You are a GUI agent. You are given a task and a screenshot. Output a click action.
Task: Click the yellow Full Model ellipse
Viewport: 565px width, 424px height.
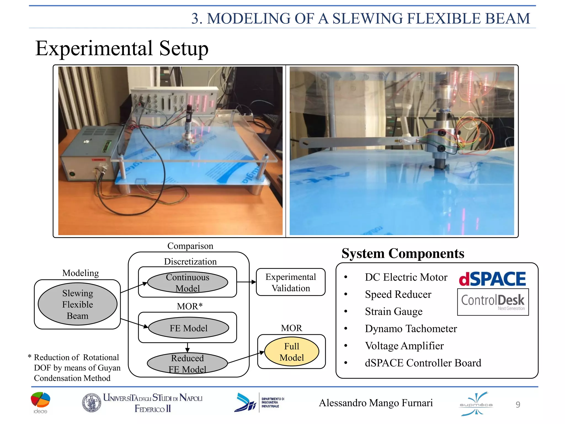pos(292,352)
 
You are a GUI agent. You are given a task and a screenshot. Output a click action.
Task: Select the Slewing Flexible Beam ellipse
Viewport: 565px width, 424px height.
pos(78,304)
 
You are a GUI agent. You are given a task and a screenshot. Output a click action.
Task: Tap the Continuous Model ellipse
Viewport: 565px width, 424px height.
pos(188,282)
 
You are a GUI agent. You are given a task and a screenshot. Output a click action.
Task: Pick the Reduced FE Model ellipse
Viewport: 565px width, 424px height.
pos(187,364)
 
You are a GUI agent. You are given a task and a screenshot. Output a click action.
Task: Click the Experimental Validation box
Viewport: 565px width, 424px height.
pos(291,282)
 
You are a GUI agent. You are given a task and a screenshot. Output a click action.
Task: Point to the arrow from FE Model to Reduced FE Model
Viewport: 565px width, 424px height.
pos(187,348)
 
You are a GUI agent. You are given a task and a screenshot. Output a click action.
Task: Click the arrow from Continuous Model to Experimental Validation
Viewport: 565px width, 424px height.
pos(246,282)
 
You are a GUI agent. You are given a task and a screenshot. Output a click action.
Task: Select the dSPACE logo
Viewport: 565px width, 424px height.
pos(492,279)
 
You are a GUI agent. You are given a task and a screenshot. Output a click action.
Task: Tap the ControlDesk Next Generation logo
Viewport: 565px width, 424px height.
pos(493,302)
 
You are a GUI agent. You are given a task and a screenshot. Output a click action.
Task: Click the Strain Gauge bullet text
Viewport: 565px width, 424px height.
pos(394,311)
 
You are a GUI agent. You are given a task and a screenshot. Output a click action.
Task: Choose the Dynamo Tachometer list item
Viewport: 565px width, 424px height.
pos(411,328)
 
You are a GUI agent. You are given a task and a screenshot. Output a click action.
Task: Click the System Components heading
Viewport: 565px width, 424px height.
pos(403,253)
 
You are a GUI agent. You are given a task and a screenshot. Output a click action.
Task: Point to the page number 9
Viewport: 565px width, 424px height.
pos(518,404)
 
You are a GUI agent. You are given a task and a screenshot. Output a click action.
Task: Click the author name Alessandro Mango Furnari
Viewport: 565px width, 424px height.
pos(376,403)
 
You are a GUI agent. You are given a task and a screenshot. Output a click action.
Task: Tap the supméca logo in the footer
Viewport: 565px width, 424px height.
pos(476,404)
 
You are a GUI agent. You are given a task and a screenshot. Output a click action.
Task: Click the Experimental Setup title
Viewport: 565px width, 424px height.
pos(122,48)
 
